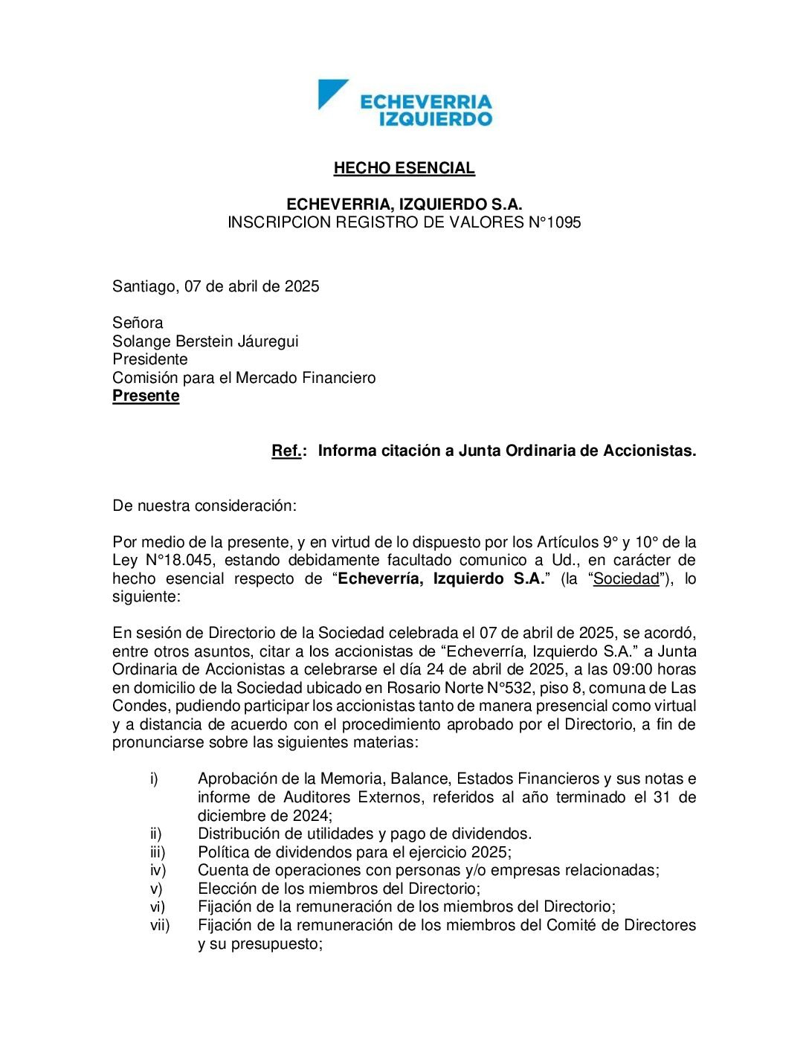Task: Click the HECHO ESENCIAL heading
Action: (404, 168)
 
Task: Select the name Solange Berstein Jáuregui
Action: (205, 341)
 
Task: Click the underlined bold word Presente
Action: (146, 396)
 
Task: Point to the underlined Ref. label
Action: (286, 451)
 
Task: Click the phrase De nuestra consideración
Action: (204, 506)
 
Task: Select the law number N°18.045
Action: (170, 560)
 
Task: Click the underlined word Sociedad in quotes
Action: (626, 579)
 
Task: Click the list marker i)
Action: (154, 779)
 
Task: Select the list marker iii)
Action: (158, 851)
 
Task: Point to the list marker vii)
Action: (160, 925)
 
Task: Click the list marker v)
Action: (156, 888)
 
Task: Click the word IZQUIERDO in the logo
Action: (435, 119)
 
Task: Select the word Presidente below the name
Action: (150, 359)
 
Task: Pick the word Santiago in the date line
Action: (144, 286)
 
